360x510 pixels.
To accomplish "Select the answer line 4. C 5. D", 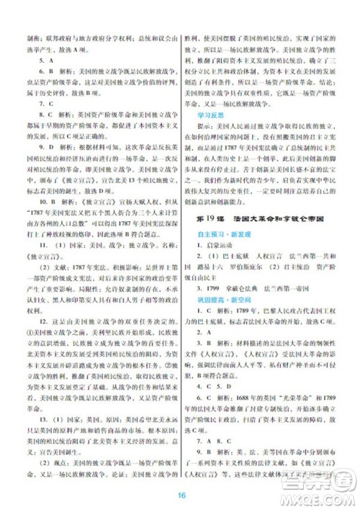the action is (x=225, y=424).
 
